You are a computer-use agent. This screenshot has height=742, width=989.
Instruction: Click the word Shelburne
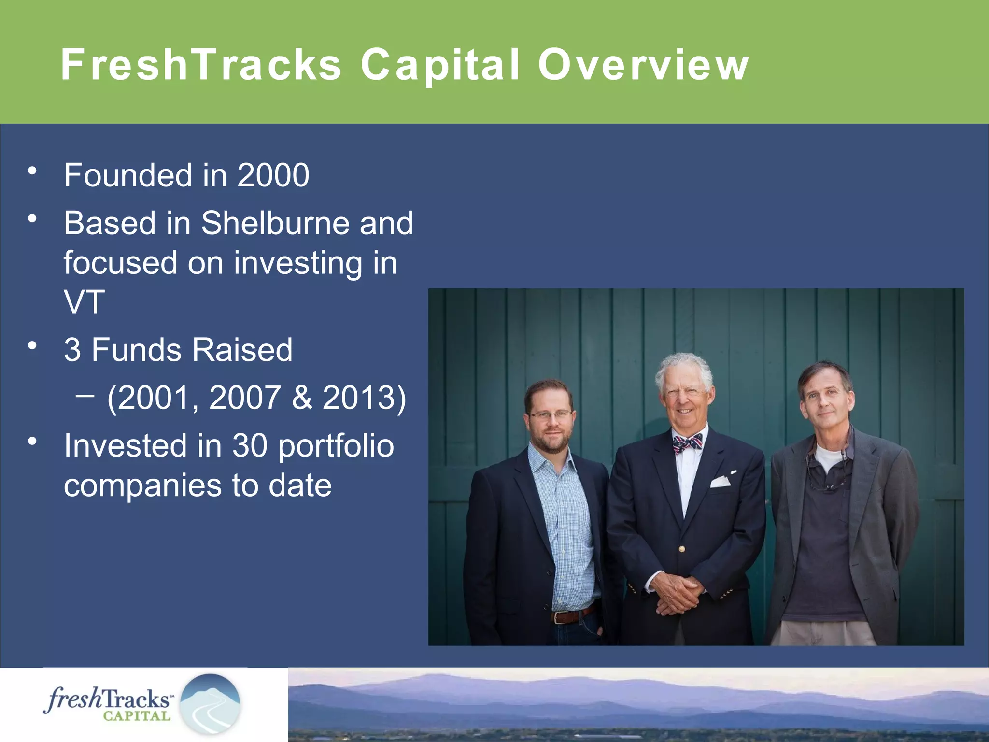coord(275,223)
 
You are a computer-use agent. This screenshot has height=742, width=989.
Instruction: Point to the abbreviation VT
coord(84,302)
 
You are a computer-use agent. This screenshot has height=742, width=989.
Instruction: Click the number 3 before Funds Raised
coord(72,350)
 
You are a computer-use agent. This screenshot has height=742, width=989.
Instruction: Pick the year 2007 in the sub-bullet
coord(245,398)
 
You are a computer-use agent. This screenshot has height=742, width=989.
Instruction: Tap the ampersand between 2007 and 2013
coord(302,398)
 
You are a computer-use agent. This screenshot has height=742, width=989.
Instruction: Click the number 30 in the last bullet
coord(250,445)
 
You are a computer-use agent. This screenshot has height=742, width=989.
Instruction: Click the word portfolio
coord(336,446)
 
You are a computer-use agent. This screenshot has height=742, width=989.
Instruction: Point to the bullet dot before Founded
coord(32,171)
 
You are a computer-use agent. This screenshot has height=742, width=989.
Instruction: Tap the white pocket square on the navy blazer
coord(720,481)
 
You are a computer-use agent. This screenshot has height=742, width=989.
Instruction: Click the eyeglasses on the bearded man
coord(551,414)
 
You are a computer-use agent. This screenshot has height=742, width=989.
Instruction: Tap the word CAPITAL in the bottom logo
coord(137,716)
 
